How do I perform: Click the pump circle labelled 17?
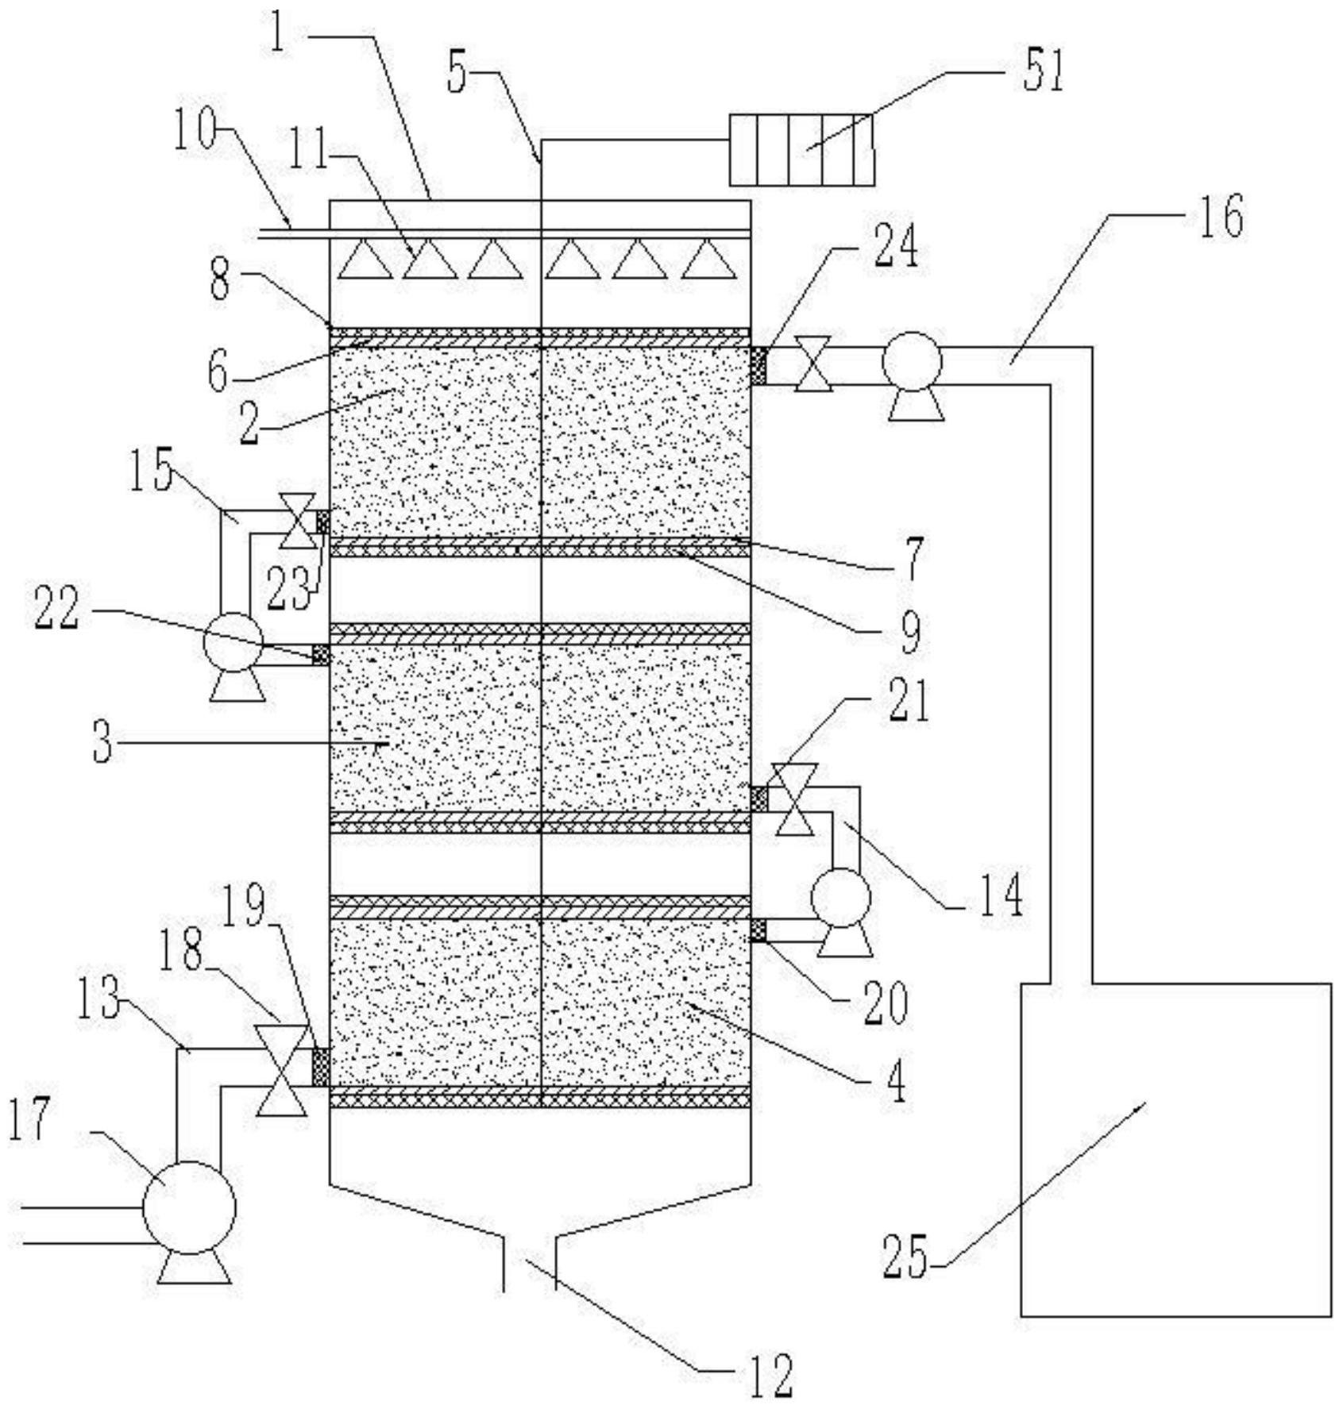189,1207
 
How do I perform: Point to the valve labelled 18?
281,1070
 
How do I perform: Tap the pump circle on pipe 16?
912,361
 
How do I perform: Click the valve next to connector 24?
813,364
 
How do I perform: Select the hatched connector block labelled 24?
758,366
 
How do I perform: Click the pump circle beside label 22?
233,643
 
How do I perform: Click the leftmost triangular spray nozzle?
365,260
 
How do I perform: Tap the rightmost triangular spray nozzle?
707,260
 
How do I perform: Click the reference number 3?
102,744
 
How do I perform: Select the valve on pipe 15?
299,521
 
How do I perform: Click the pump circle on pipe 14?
840,898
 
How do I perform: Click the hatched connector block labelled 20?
758,930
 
